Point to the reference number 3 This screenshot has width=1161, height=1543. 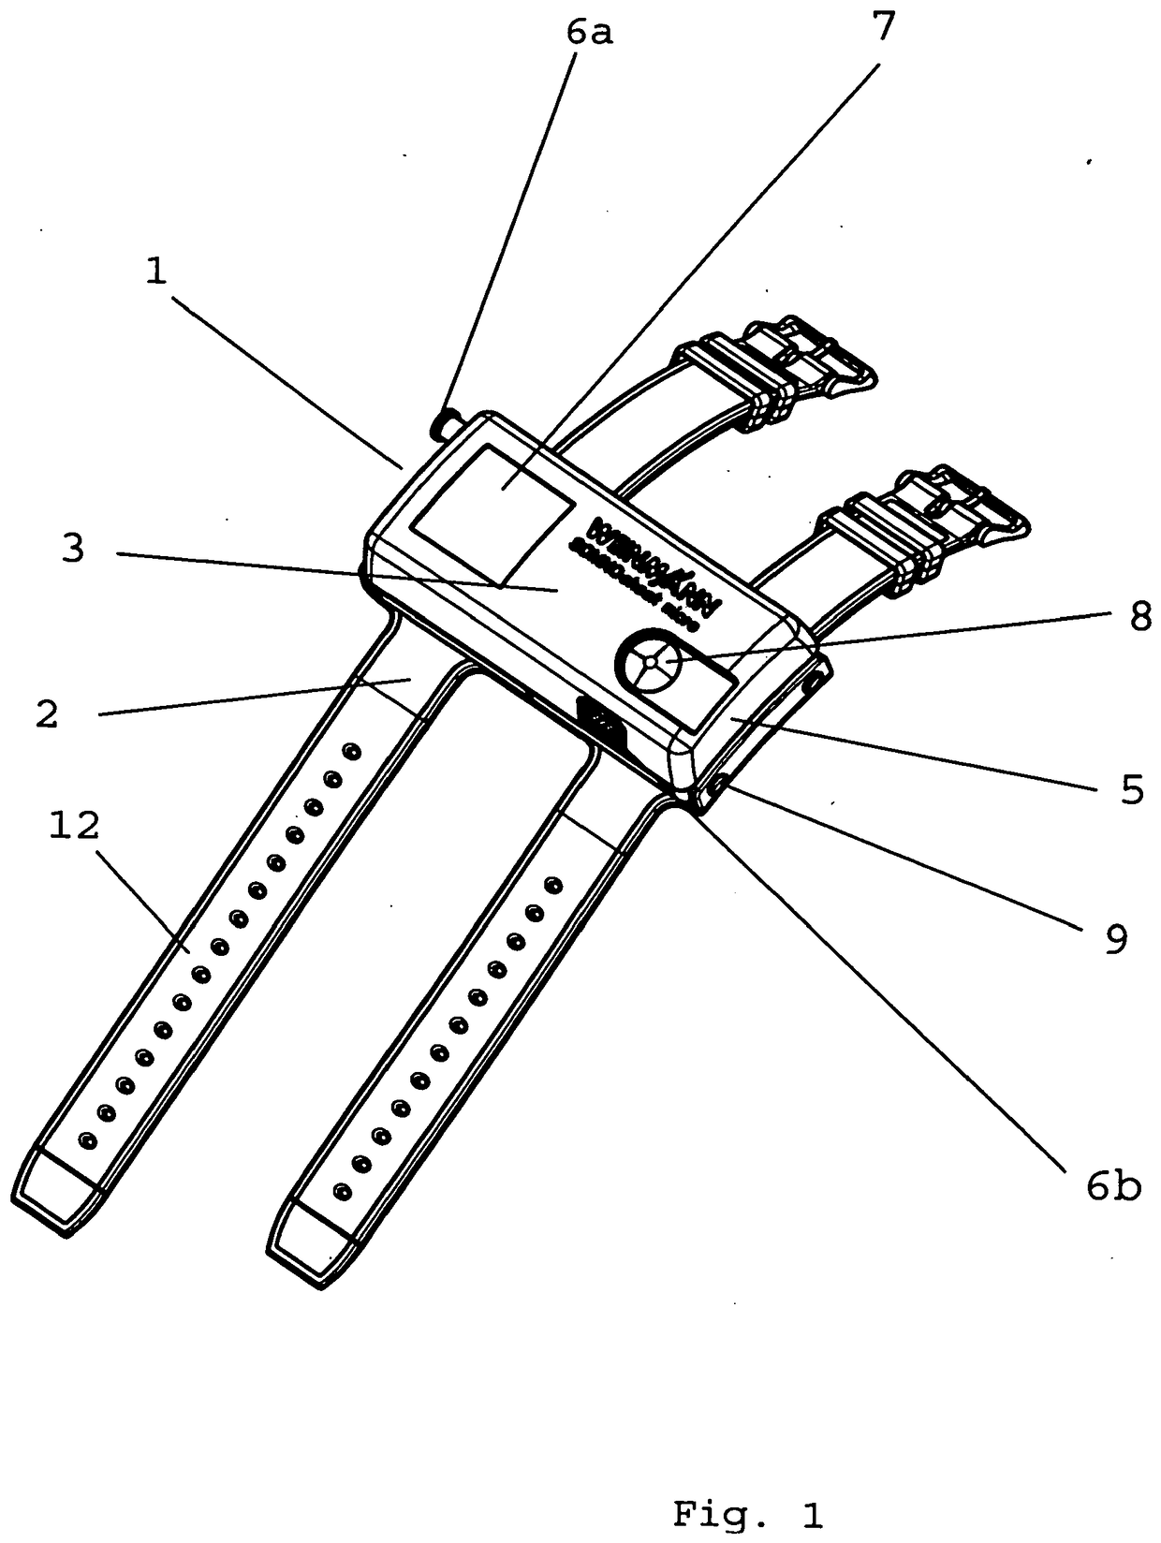click(73, 550)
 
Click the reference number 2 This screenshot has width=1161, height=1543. click(47, 713)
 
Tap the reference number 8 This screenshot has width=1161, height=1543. click(1139, 618)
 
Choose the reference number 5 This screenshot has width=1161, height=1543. click(1132, 791)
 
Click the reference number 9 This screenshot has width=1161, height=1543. click(1115, 939)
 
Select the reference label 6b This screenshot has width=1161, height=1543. click(1113, 1187)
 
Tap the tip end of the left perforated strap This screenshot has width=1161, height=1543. click(58, 1195)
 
